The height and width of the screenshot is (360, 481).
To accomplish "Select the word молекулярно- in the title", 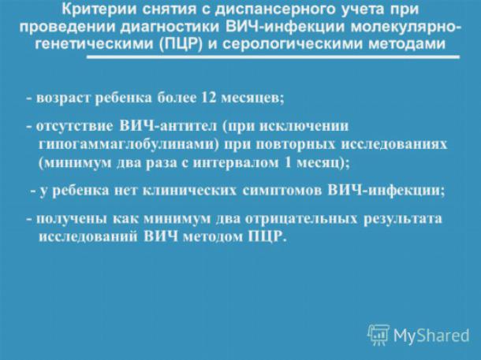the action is tap(405, 28).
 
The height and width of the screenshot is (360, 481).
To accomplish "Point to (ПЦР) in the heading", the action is tap(181, 45).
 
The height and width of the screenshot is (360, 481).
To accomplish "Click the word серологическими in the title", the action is tap(293, 45).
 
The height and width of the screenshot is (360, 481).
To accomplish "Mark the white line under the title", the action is tap(273, 57).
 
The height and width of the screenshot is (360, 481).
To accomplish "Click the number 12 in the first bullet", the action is tap(209, 98).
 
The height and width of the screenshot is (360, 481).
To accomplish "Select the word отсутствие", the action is tap(74, 127).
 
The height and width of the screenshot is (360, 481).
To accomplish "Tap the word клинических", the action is tap(190, 191).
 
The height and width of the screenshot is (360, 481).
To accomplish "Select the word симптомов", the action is tap(282, 191).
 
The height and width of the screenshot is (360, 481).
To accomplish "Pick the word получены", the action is tap(72, 219).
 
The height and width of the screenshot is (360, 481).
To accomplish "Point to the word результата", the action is tap(403, 219).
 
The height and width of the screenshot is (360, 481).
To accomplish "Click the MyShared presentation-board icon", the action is tap(378, 335).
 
